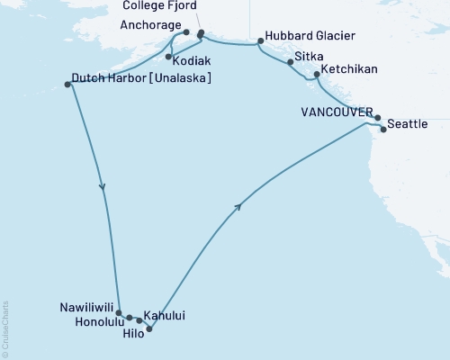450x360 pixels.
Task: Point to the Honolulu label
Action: tap(95, 319)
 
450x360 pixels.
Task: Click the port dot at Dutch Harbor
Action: tap(68, 85)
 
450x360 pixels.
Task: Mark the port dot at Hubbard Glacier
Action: tap(260, 41)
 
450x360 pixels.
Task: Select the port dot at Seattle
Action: tap(384, 130)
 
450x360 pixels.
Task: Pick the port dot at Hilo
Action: tap(149, 328)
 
